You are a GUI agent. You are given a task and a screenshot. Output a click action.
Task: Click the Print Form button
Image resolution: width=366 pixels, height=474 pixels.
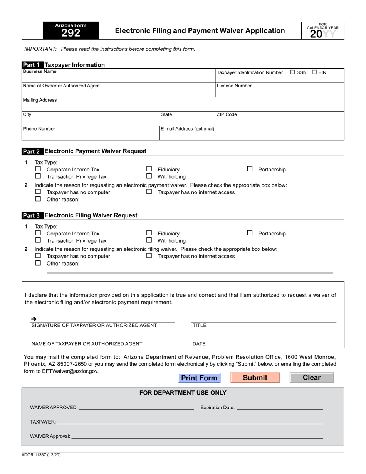(199, 378)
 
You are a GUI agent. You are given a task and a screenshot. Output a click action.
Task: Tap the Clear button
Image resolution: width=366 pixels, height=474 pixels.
(311, 378)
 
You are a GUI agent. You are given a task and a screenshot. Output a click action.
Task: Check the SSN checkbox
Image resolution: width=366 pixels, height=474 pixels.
(292, 72)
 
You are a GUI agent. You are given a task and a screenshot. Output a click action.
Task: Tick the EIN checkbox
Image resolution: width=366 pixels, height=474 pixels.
(314, 72)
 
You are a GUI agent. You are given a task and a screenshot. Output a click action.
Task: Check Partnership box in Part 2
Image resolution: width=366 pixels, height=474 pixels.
(250, 169)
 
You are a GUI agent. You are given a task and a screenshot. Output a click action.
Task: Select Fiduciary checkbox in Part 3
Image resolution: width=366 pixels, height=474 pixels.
(149, 233)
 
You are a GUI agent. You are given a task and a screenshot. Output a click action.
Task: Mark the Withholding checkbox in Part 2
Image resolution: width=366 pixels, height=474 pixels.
(149, 176)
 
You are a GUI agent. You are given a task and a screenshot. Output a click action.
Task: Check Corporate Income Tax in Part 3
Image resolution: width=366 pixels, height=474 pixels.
(38, 233)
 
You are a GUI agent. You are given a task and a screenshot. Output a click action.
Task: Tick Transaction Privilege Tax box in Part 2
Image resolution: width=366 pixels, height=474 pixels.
(38, 176)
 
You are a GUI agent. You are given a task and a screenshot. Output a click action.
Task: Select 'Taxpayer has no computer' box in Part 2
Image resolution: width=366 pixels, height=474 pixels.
(38, 192)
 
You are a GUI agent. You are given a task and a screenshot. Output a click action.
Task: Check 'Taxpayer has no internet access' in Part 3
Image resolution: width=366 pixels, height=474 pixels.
(149, 256)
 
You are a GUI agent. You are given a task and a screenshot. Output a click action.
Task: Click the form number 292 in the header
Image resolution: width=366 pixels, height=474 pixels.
(71, 33)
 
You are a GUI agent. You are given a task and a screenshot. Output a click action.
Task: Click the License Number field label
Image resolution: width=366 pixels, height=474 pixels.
(234, 86)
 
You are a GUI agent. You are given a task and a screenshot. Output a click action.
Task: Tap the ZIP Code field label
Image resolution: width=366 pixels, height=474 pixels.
(227, 114)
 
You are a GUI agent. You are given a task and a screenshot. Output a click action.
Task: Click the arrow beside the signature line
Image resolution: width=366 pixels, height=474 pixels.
(34, 319)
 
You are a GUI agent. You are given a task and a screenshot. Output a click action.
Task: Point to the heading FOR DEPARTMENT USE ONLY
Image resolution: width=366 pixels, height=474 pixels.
(183, 393)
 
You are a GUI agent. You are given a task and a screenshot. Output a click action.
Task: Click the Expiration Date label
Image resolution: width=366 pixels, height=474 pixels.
(217, 407)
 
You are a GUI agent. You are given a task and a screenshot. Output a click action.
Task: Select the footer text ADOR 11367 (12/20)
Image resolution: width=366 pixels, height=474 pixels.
(41, 455)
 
